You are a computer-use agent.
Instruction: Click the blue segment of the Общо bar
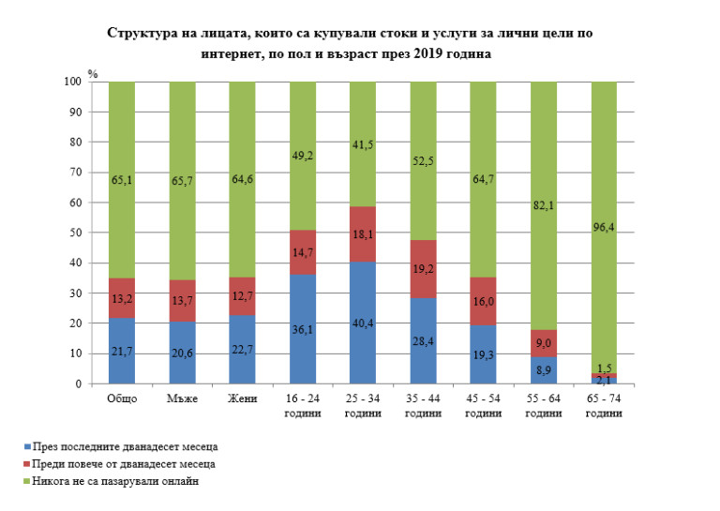click(122, 351)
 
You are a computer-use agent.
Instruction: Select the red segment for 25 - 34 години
click(363, 234)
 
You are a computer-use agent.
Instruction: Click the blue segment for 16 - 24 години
click(303, 329)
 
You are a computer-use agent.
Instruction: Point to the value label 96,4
click(606, 224)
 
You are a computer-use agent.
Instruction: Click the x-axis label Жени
click(242, 398)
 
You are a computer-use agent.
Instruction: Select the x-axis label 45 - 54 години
click(483, 405)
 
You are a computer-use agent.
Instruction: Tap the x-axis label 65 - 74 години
click(604, 405)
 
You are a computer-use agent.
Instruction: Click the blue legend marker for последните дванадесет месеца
click(23, 447)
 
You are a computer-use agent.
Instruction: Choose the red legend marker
click(23, 464)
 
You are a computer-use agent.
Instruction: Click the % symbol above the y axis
click(92, 71)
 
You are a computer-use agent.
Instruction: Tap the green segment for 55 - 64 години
click(544, 205)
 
